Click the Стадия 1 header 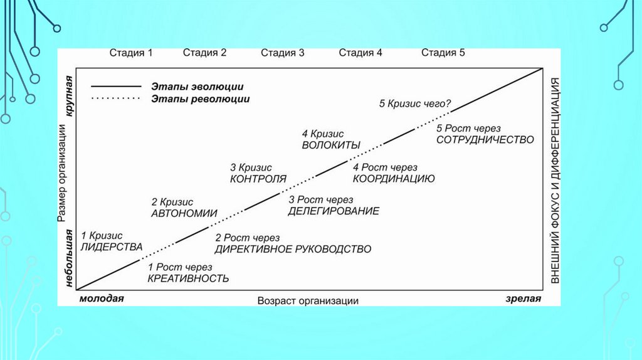131,53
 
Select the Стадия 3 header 282,53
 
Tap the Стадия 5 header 443,53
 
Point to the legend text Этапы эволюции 197,87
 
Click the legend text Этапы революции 200,99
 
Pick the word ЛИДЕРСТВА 112,246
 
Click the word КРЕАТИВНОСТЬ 188,278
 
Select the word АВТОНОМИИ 184,213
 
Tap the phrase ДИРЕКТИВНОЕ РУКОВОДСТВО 293,249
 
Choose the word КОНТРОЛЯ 258,179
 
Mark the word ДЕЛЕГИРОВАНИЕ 334,211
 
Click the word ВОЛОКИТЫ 331,145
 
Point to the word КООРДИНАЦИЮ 394,178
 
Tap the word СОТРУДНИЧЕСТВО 485,139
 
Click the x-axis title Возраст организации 308,300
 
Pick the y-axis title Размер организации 62,172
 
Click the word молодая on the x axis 102,299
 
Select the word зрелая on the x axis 523,299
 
